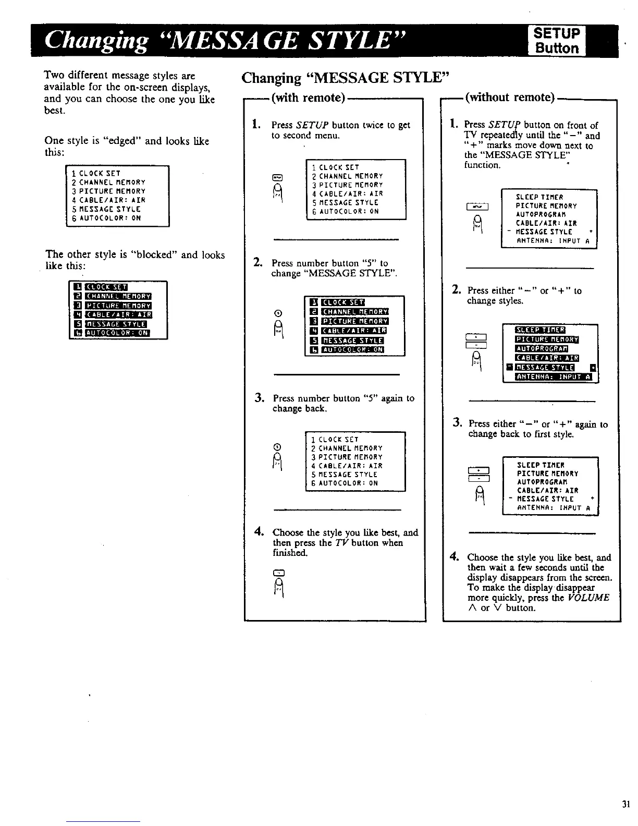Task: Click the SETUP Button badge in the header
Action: point(556,41)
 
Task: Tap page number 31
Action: point(626,804)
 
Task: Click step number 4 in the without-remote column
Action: point(453,556)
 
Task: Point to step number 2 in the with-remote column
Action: point(257,262)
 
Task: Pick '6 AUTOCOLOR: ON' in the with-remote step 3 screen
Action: point(344,483)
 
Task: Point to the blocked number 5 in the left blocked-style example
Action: point(77,324)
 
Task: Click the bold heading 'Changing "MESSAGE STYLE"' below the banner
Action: point(345,78)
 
